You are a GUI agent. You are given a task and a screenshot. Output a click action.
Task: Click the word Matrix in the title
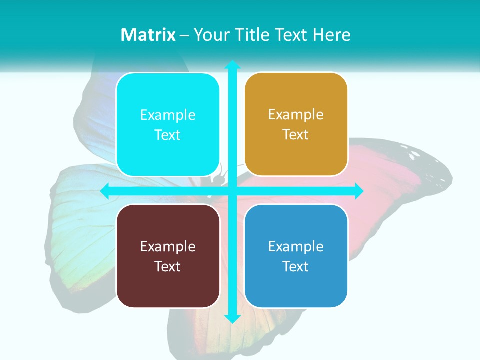(148, 35)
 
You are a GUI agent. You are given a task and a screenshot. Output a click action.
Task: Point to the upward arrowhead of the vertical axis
(232, 65)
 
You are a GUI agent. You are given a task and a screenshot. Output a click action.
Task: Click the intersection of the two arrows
(232, 191)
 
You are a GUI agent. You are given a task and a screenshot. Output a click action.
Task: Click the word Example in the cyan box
(168, 115)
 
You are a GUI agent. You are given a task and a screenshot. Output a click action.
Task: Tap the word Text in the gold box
(296, 135)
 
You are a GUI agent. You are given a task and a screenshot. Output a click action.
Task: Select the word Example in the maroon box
(168, 246)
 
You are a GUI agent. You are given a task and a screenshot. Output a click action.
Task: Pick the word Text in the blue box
(296, 266)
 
